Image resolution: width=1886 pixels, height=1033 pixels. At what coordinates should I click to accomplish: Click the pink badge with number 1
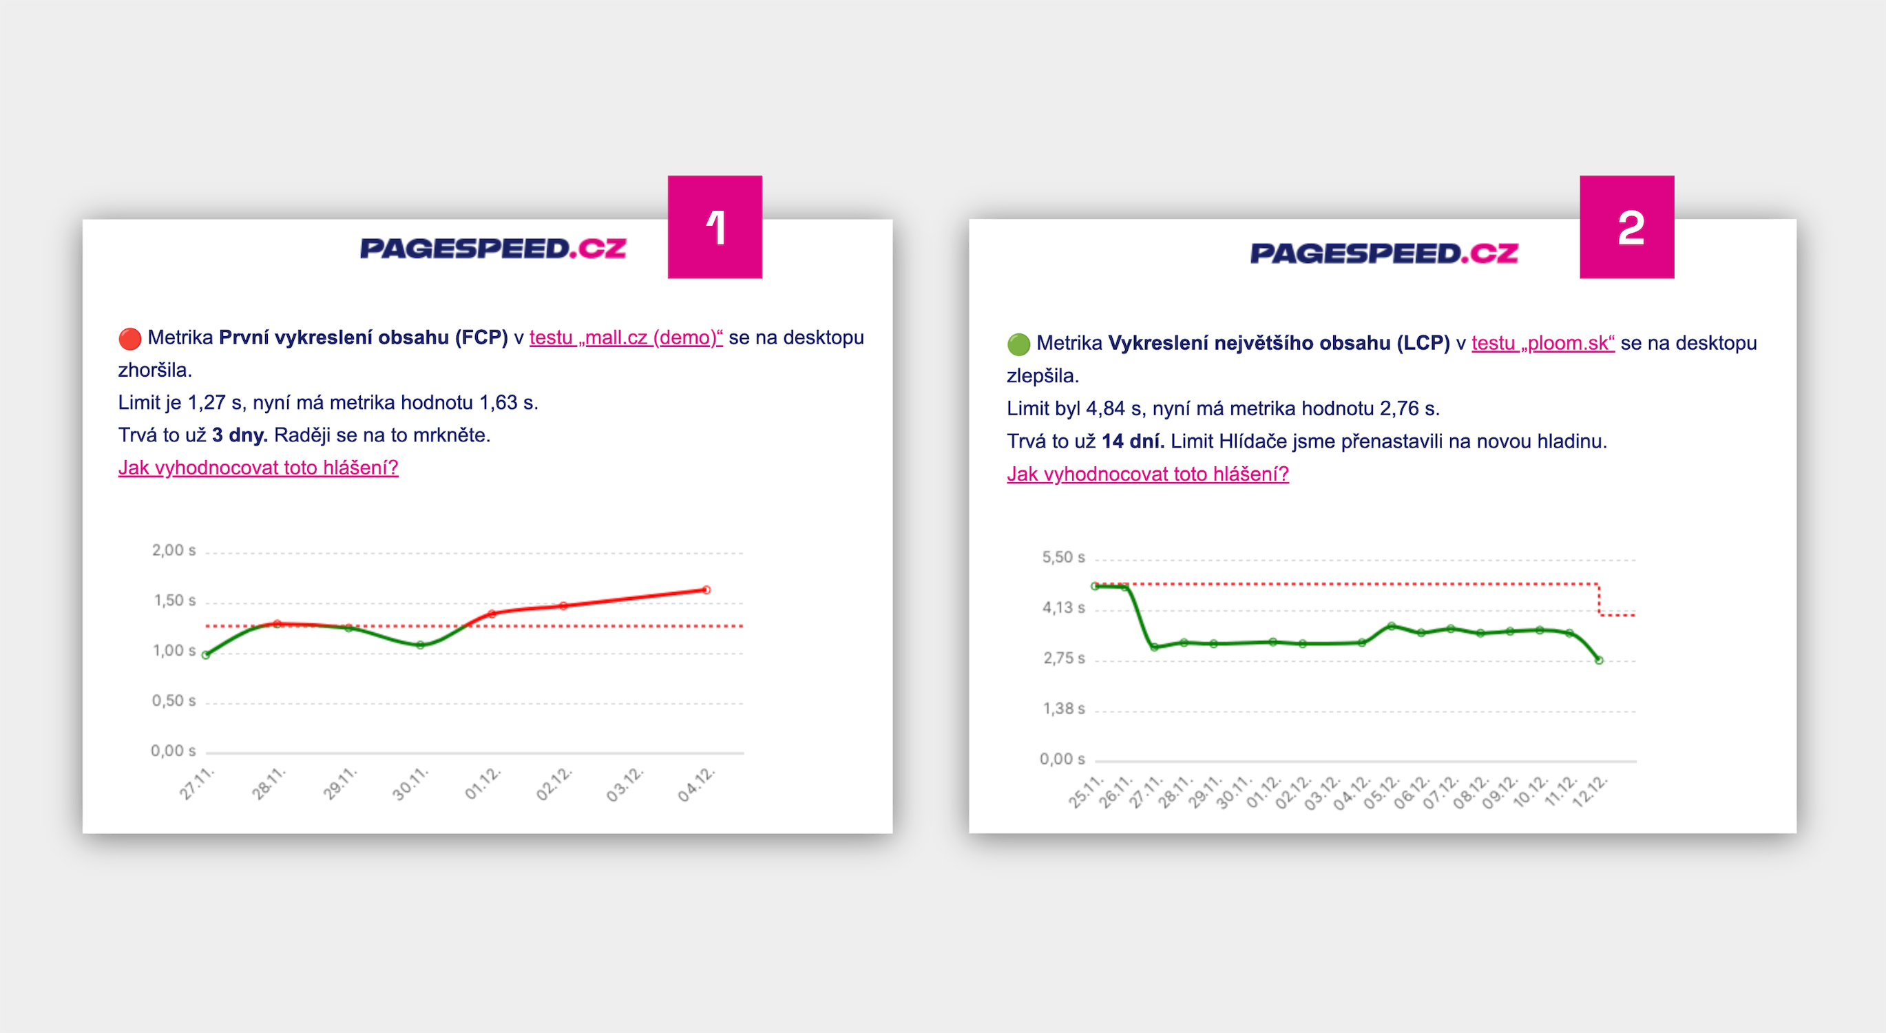(715, 227)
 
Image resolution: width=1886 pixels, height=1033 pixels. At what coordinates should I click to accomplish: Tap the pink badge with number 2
(1626, 227)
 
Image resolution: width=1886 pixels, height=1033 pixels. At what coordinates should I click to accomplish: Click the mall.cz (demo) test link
(625, 337)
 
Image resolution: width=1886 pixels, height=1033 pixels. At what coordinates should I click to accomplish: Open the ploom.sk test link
(1542, 344)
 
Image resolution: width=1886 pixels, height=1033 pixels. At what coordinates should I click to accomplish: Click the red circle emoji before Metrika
(129, 339)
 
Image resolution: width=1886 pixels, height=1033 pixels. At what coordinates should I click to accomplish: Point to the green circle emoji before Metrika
(1018, 344)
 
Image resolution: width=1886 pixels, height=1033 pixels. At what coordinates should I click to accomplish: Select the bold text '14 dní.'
(1133, 441)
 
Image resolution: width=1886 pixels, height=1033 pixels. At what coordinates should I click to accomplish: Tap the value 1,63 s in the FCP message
(508, 403)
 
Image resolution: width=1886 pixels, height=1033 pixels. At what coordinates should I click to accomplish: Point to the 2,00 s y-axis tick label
(174, 550)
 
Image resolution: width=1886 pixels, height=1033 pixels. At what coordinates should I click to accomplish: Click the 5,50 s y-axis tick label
(1063, 558)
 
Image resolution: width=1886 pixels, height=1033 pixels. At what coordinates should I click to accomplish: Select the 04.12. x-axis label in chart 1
(695, 784)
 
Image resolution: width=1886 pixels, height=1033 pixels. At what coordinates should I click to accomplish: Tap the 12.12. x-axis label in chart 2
(1590, 791)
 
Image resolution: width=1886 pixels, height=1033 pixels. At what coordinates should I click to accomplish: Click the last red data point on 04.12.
(706, 590)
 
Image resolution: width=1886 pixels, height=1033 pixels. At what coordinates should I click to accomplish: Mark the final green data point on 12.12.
(1599, 660)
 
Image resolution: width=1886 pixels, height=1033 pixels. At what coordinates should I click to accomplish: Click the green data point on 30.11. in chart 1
(420, 646)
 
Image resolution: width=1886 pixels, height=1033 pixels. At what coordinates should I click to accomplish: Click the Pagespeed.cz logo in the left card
(493, 249)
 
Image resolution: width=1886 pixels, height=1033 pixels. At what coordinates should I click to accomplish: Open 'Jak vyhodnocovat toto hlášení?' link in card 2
(1147, 474)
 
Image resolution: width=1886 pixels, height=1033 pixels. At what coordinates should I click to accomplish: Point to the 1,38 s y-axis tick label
(1064, 709)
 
